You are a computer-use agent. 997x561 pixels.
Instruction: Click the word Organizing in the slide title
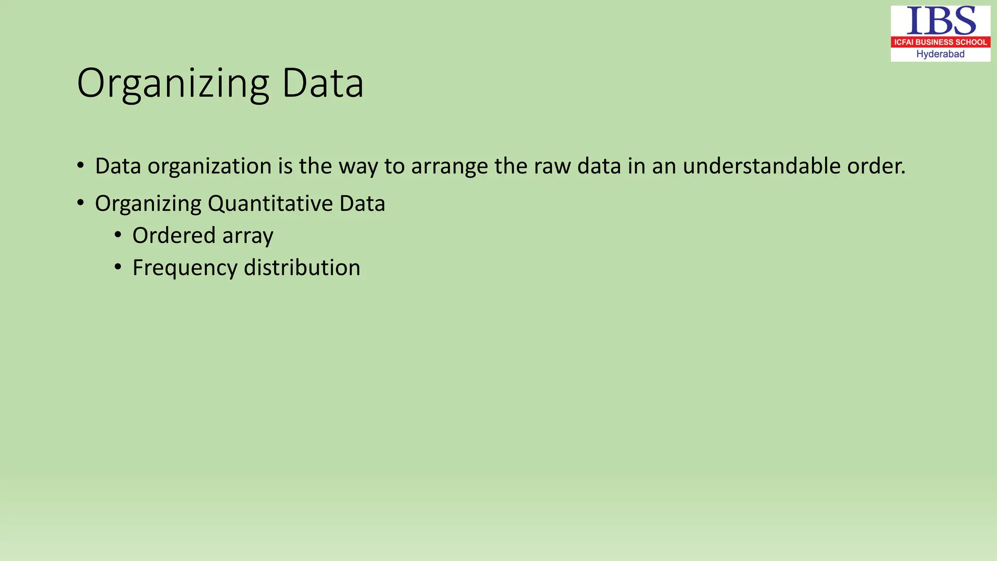point(173,84)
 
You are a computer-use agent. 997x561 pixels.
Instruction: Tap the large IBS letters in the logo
point(941,21)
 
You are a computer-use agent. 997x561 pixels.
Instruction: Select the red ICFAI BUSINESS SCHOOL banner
point(941,42)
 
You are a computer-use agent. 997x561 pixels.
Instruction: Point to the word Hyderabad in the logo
point(941,54)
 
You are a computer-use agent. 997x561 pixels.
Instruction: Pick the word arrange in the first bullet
point(450,167)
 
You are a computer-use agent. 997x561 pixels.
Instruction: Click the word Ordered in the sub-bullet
point(174,235)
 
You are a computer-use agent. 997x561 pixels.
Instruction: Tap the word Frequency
point(185,268)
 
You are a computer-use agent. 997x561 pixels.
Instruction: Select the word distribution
point(302,267)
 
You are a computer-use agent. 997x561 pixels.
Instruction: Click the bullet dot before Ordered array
point(118,235)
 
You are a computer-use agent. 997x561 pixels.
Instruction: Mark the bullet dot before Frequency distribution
point(118,267)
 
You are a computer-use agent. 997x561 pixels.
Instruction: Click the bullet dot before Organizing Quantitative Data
point(80,203)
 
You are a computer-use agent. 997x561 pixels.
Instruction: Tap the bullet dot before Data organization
point(80,165)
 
